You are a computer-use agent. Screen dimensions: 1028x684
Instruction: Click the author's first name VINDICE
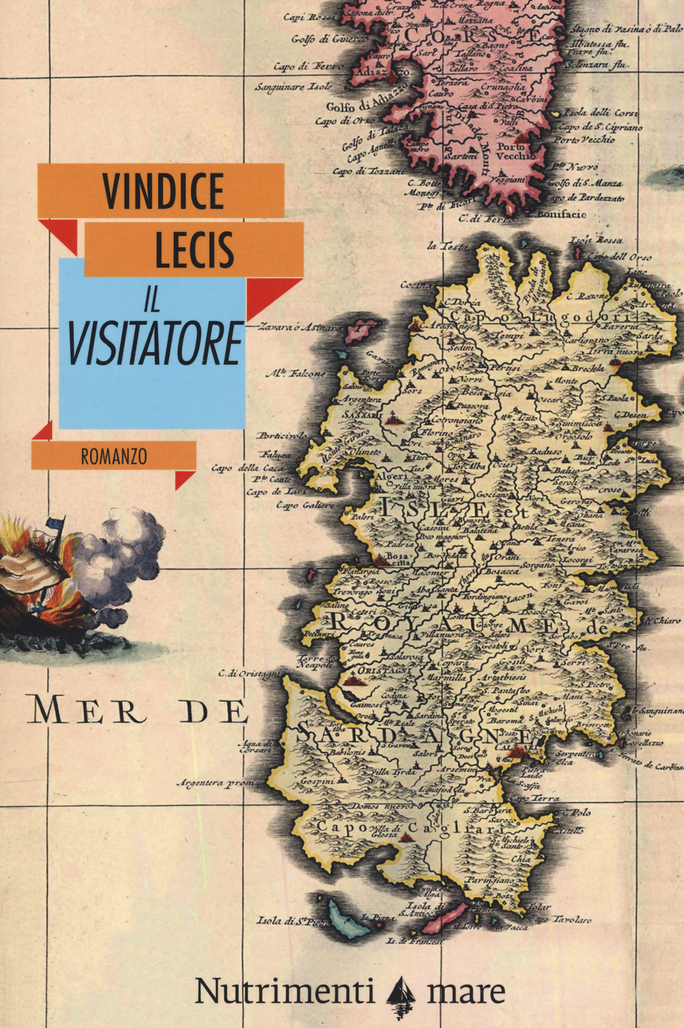point(163,190)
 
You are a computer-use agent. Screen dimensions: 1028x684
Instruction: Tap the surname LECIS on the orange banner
point(194,248)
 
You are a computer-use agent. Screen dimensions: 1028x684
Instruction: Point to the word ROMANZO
point(114,456)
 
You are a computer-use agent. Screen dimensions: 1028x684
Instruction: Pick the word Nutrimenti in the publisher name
point(285,990)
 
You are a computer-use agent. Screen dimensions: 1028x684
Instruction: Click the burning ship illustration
point(34,581)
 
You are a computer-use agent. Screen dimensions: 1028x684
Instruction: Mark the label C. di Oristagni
point(249,674)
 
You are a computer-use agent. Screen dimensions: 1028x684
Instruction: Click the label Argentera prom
point(215,783)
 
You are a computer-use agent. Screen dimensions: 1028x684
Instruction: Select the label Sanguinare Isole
point(293,87)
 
